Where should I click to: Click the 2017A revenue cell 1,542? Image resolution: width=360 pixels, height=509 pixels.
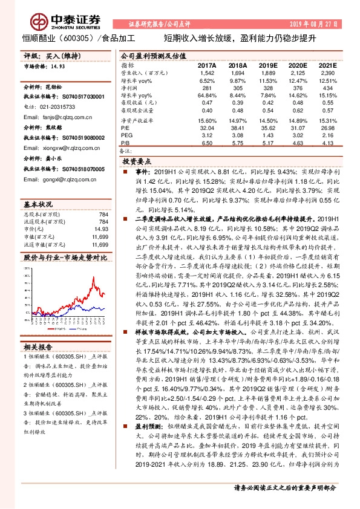point(207,72)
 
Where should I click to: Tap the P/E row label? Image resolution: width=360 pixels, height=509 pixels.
point(125,128)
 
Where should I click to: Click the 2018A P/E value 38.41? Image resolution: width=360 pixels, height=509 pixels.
point(238,128)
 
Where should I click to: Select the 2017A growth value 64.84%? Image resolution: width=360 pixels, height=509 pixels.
point(207,96)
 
